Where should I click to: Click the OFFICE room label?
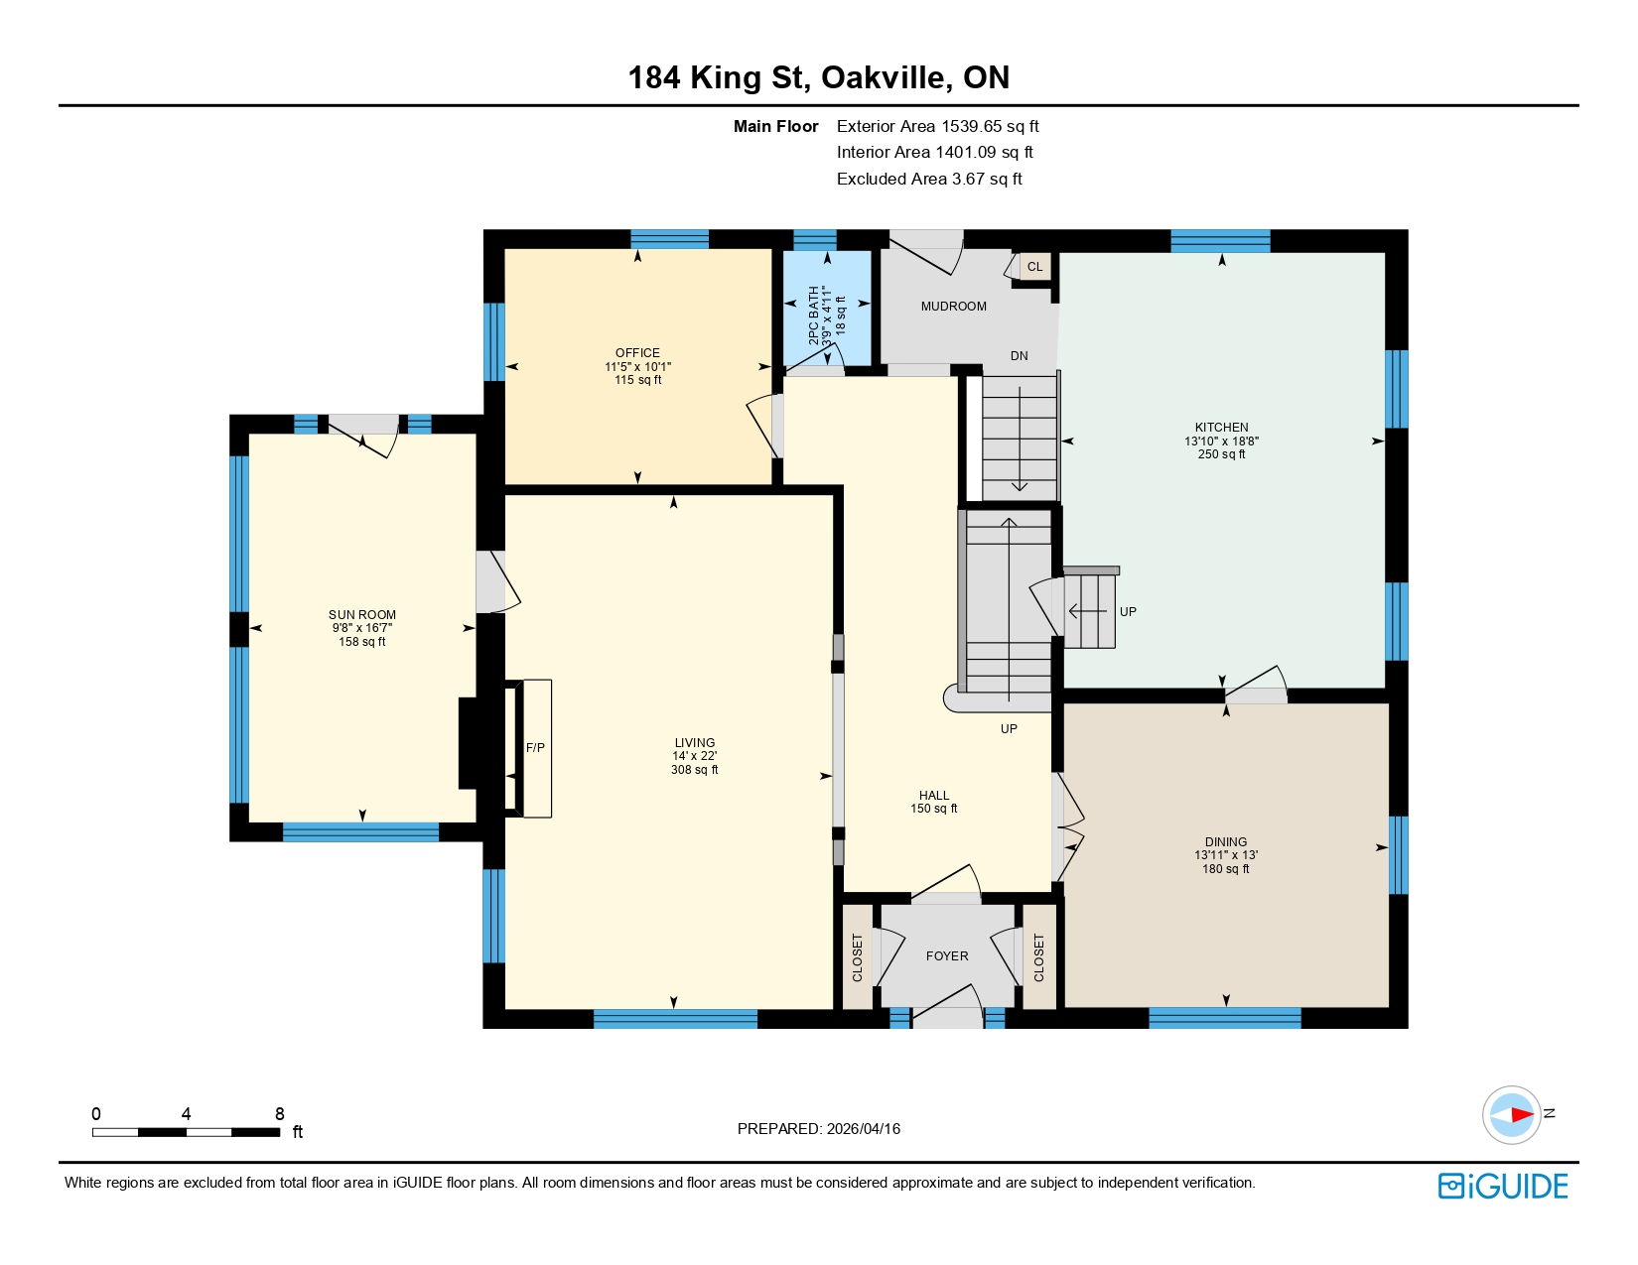tap(637, 353)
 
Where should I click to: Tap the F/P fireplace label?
tap(535, 748)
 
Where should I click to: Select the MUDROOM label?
tap(953, 307)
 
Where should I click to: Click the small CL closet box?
tap(1034, 267)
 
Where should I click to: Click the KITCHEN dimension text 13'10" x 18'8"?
tap(1221, 442)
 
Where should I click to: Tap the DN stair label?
tap(1019, 356)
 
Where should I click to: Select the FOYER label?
tap(946, 956)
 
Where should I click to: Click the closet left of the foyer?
tap(858, 957)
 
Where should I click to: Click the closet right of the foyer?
tap(1038, 957)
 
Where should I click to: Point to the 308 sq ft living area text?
tap(694, 770)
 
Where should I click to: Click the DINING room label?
tap(1226, 842)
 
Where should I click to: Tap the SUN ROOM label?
tap(362, 615)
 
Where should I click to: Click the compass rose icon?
tap(1511, 1115)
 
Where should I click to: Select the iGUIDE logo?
tap(1503, 1187)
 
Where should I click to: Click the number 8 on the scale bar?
tap(280, 1114)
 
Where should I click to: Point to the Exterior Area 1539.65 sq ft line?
tap(937, 126)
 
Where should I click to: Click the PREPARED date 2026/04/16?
tap(863, 1129)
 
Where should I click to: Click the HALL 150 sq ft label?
tap(933, 802)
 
